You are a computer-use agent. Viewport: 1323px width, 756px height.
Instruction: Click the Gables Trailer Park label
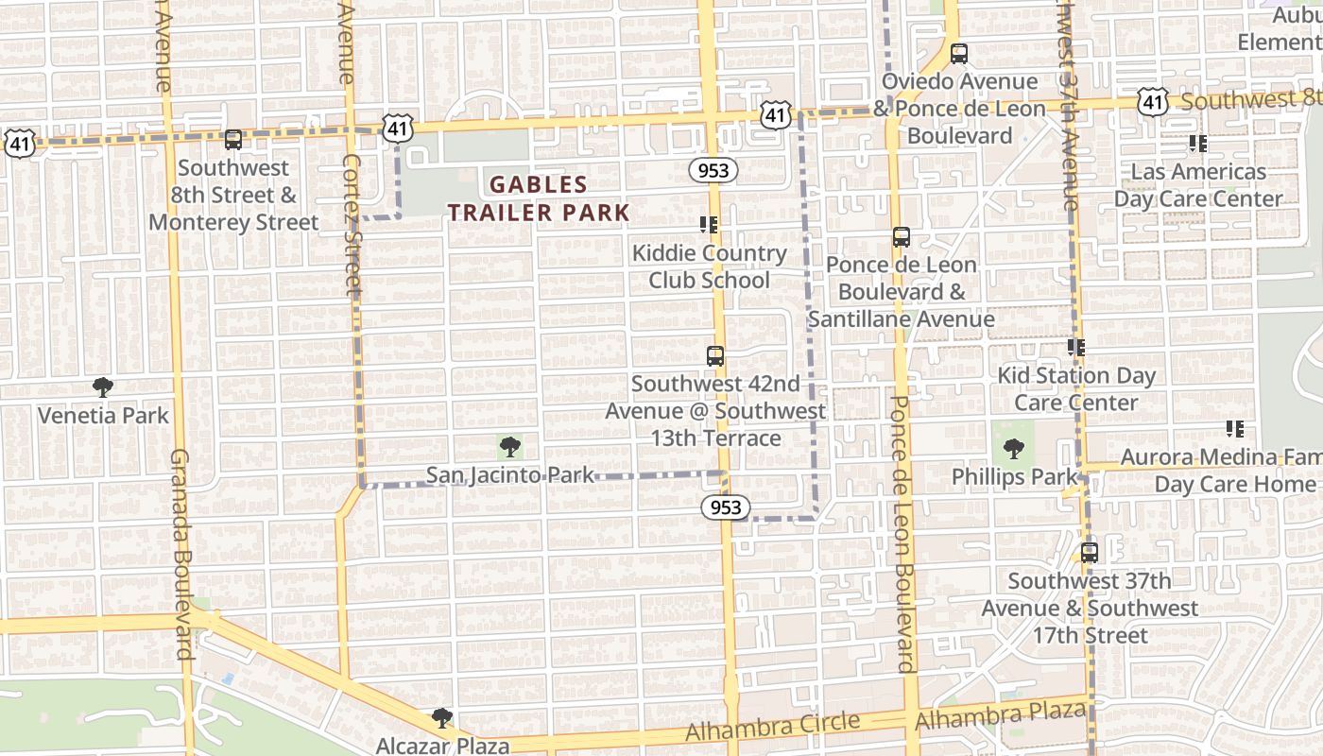click(539, 198)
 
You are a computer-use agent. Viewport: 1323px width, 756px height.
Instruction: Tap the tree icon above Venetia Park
click(103, 387)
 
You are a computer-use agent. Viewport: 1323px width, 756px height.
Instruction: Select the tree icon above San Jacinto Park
click(509, 446)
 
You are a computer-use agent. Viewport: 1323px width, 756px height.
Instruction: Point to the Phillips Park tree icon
click(1014, 449)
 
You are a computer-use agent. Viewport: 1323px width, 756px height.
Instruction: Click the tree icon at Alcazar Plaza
click(441, 718)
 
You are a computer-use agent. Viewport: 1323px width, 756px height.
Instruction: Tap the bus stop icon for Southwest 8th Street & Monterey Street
click(233, 140)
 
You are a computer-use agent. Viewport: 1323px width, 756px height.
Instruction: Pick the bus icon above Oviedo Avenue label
click(959, 54)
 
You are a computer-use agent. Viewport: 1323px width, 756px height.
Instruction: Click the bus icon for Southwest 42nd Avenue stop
click(715, 356)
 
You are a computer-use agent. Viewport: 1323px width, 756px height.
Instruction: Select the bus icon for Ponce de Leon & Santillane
click(902, 237)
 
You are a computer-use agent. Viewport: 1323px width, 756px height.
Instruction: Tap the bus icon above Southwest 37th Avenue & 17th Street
click(1090, 552)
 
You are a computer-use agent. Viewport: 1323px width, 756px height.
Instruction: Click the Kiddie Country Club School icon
click(708, 224)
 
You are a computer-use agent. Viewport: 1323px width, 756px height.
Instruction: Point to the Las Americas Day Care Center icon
click(1197, 144)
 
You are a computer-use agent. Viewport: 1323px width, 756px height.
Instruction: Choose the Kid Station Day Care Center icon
click(1075, 348)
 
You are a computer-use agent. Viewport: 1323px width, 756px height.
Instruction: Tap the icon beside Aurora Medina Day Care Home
click(1234, 429)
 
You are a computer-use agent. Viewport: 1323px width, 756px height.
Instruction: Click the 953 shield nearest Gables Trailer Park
click(713, 170)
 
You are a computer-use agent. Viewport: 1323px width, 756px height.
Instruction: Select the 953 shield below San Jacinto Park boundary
click(726, 507)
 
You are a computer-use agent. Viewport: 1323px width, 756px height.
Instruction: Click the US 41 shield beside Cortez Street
click(398, 127)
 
